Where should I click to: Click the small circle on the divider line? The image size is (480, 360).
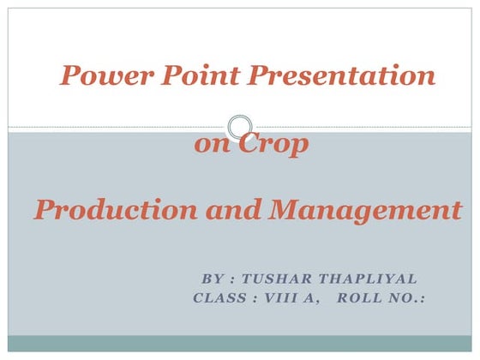click(x=241, y=127)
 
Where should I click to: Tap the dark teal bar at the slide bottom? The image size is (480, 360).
click(x=240, y=344)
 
